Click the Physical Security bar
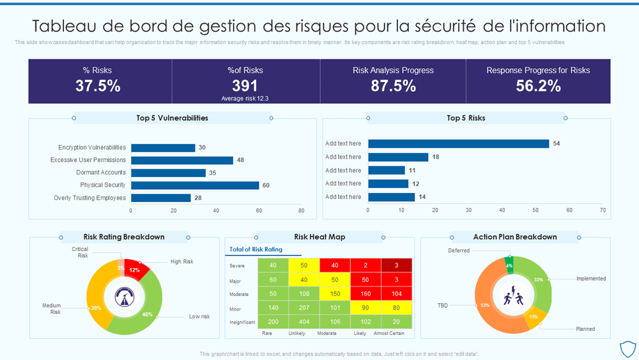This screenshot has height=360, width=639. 195,185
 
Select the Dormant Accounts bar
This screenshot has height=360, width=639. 168,173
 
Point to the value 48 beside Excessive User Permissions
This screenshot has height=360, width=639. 241,160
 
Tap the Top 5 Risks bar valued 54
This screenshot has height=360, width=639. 458,144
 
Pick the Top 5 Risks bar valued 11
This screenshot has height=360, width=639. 387,170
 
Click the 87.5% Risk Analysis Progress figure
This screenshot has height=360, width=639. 393,86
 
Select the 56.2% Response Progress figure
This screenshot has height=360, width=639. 538,86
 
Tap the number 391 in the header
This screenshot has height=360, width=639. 245,86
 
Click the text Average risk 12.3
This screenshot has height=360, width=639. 245,98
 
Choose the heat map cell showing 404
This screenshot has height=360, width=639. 304,322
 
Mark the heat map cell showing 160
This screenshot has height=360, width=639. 366,293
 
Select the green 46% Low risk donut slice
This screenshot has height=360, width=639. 148,313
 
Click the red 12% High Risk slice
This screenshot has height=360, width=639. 135,269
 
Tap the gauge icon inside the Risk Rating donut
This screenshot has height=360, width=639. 124,297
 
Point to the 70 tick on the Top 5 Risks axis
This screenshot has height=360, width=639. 602,210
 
